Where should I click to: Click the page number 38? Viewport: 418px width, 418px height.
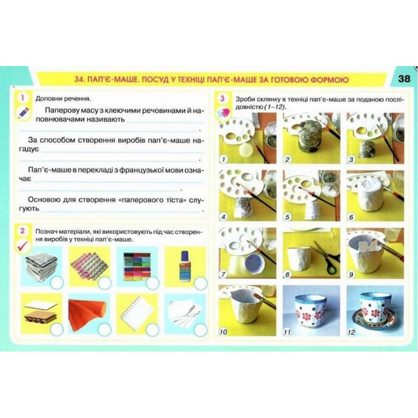[404, 79]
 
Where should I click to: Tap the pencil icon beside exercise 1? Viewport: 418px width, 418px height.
[23, 112]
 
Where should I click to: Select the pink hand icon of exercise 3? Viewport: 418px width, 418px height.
[223, 112]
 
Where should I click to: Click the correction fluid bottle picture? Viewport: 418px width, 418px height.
[184, 266]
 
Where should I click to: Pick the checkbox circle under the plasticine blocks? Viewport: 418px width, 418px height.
[153, 283]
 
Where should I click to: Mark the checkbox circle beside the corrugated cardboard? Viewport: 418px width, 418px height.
[57, 329]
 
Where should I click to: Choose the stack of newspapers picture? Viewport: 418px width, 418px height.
[41, 267]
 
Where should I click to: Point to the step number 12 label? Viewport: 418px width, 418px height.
[352, 332]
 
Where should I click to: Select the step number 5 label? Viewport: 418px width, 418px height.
[287, 217]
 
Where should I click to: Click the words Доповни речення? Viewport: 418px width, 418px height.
[63, 99]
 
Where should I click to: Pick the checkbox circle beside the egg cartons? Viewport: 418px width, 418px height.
[104, 283]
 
